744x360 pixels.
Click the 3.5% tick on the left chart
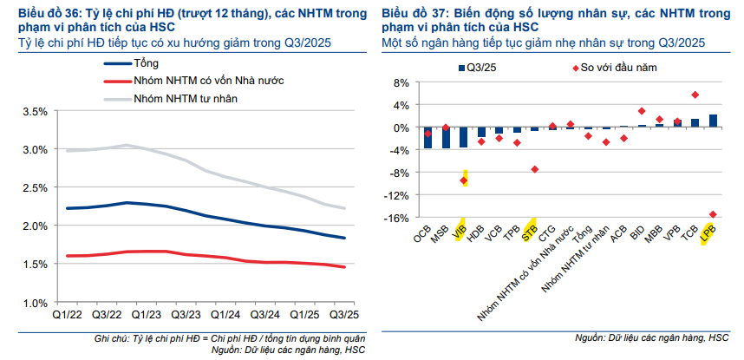[x=34, y=111]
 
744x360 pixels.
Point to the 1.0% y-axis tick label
[x=34, y=303]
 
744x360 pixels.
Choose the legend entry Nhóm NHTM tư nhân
[x=185, y=99]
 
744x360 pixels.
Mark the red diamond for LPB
[x=713, y=214]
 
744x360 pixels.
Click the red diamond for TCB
[x=695, y=95]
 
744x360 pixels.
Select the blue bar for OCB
[x=427, y=137]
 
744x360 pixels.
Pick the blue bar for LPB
[x=713, y=121]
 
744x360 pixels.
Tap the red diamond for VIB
[x=464, y=180]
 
